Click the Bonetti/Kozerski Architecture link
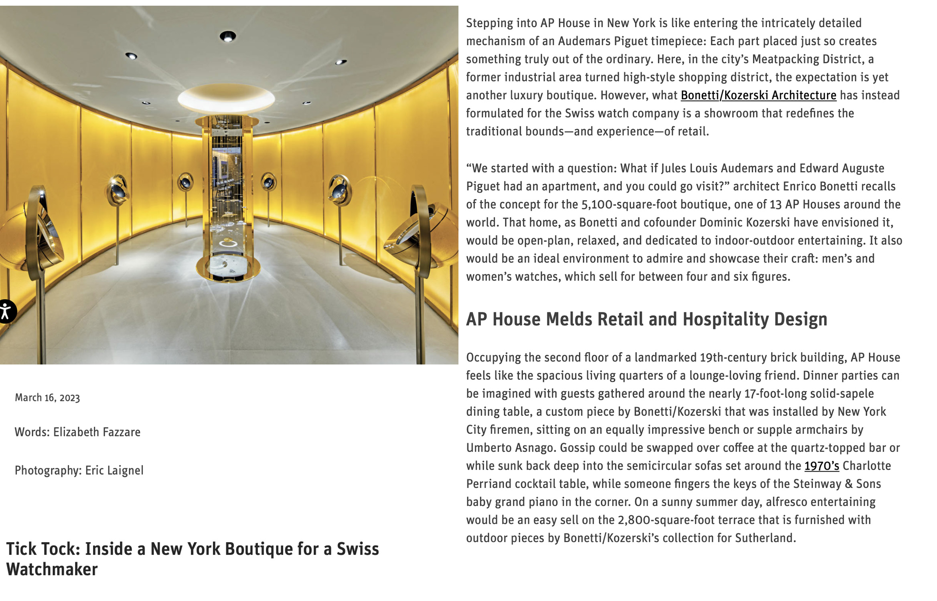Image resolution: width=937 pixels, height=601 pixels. pyautogui.click(x=758, y=95)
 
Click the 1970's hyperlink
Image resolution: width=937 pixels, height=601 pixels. pyautogui.click(x=821, y=466)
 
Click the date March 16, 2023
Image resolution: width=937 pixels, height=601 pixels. pyautogui.click(x=47, y=398)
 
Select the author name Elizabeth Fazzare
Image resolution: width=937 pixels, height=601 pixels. pyautogui.click(x=97, y=432)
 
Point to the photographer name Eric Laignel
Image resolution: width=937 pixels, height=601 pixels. pyautogui.click(x=114, y=470)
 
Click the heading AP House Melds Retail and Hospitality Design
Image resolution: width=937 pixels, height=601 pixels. pyautogui.click(x=646, y=319)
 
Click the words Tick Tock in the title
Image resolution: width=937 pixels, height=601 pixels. pyautogui.click(x=43, y=549)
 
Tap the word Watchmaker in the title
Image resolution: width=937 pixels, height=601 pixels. pyautogui.click(x=52, y=570)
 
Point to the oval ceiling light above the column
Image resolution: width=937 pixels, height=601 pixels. pyautogui.click(x=226, y=98)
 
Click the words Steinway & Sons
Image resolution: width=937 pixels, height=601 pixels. pyautogui.click(x=837, y=484)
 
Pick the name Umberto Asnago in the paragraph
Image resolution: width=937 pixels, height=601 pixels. pyautogui.click(x=511, y=448)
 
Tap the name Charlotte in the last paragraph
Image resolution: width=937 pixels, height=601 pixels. pyautogui.click(x=866, y=466)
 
